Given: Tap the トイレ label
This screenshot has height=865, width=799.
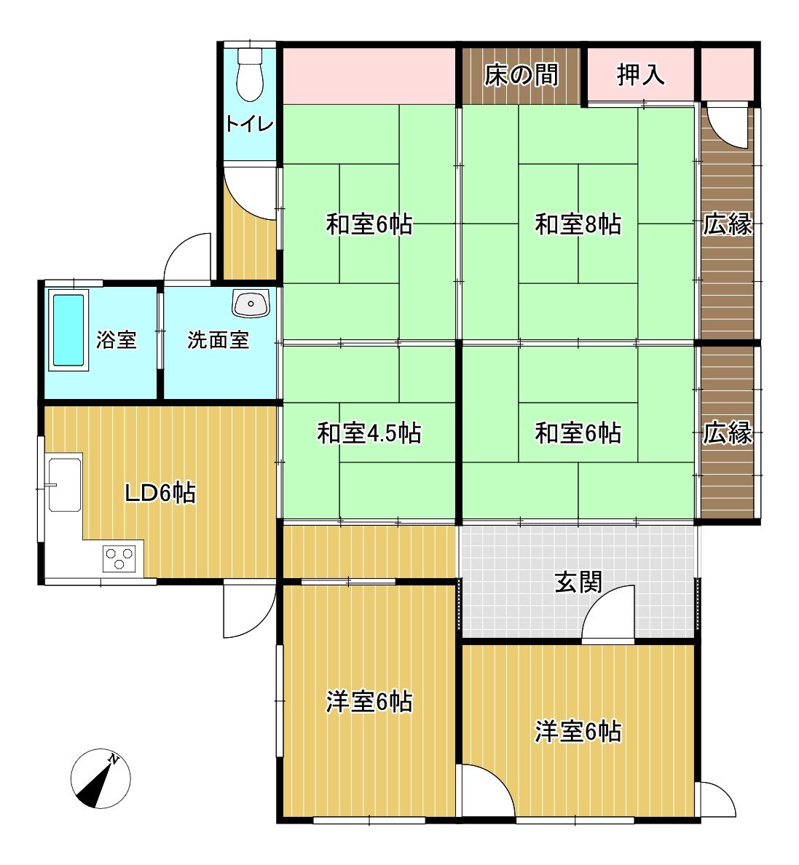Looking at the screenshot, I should point(250,124).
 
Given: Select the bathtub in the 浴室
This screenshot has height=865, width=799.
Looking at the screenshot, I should point(69,329).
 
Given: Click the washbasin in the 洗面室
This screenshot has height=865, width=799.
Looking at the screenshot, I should point(251,303).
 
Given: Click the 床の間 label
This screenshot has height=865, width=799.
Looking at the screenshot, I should point(521,75).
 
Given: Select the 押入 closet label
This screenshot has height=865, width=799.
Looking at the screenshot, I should point(641,75).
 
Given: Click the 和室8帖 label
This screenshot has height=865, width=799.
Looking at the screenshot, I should point(578,225).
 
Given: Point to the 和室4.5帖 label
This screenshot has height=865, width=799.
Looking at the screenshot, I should point(369,433).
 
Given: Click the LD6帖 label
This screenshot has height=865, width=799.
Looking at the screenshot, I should point(160,493).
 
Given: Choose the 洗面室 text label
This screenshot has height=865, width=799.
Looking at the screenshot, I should point(219,339).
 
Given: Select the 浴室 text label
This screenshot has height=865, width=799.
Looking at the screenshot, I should point(117,339).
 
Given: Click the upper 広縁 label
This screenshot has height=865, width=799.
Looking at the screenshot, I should point(727,225).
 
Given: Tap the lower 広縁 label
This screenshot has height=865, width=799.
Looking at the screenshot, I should point(727,434).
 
